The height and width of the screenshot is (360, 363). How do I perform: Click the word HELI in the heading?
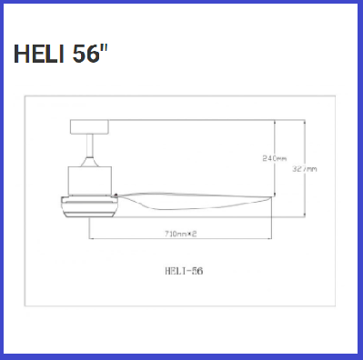(38, 55)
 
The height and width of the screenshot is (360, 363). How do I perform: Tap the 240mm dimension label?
(275, 158)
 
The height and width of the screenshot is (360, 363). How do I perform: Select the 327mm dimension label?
(307, 168)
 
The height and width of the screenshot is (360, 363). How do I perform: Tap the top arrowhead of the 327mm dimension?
(306, 122)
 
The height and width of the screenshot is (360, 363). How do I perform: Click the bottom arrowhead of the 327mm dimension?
(306, 217)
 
